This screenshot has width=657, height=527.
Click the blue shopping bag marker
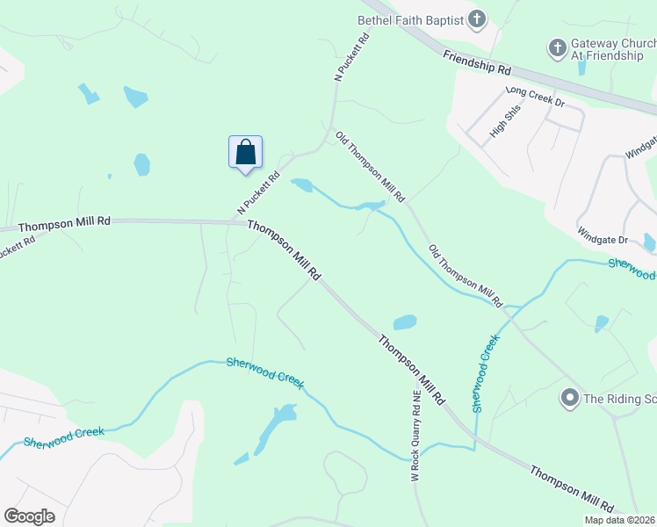pos(246,152)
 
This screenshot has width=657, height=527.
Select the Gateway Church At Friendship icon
pos(558,47)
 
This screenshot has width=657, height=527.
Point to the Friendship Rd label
pos(477,61)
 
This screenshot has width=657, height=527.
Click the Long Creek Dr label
pos(533,96)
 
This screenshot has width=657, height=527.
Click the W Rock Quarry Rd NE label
pos(416,437)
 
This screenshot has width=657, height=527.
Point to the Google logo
pos(29,516)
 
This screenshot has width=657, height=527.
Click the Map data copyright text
pos(620,520)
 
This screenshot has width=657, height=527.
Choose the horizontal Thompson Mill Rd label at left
pos(63,223)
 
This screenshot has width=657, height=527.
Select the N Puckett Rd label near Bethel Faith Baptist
pos(350,56)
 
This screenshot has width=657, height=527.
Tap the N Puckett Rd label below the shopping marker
pos(257,193)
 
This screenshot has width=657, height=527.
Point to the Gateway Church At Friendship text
pos(607,48)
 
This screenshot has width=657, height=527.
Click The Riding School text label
pos(619,399)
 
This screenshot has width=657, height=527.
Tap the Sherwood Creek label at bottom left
pos(64,436)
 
